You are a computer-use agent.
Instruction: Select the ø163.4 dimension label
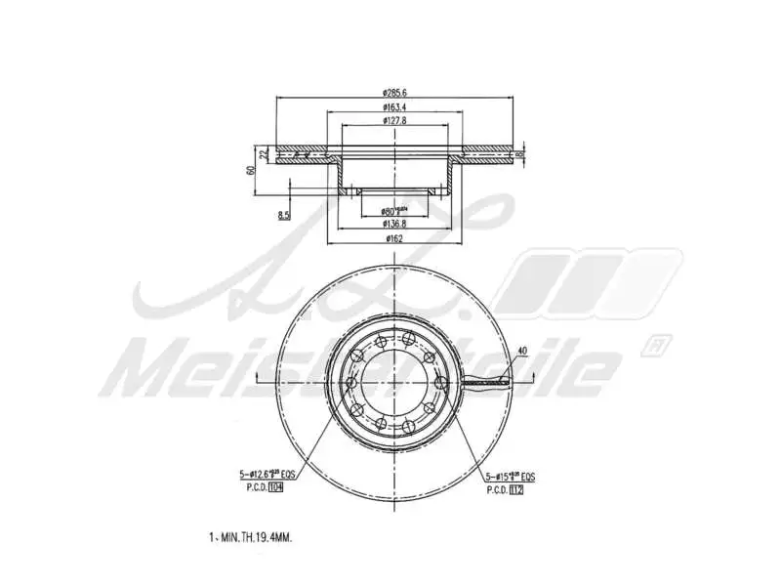point(394,106)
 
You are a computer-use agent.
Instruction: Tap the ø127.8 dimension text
point(394,120)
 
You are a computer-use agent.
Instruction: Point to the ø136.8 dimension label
point(394,223)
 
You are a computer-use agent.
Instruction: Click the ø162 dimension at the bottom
point(394,237)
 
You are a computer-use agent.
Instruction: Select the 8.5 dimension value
point(284,215)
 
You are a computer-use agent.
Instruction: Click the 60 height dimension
point(251,169)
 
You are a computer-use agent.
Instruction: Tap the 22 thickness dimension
point(264,154)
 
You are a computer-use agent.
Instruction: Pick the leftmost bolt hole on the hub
point(349,382)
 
